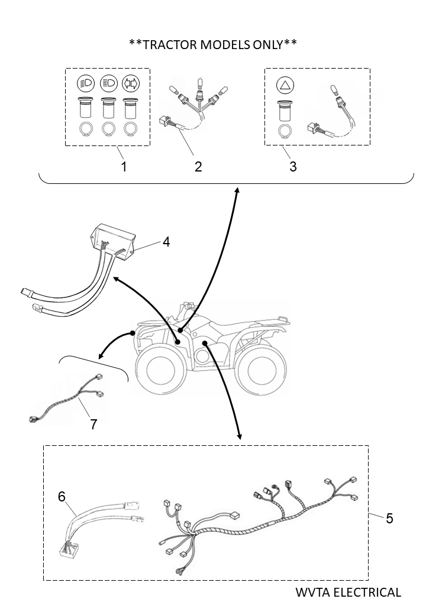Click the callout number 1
[x=124, y=167]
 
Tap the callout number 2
[x=198, y=167]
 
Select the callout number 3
[x=293, y=167]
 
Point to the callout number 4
[x=166, y=242]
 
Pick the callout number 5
[x=389, y=518]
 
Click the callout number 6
[x=62, y=497]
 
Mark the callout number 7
[x=93, y=423]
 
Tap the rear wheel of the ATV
[x=260, y=368]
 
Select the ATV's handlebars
[x=188, y=307]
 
